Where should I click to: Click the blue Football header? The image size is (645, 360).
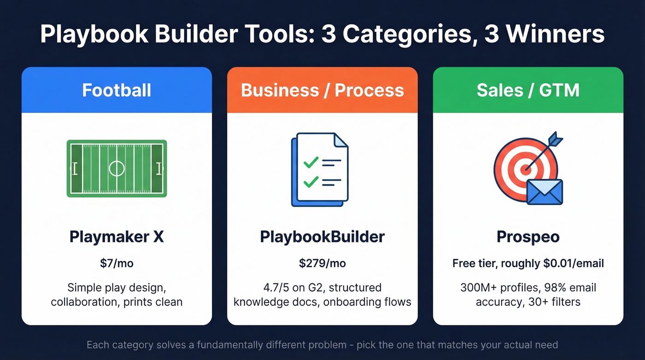coord(117,90)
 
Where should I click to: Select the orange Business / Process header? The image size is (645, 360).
coord(322,90)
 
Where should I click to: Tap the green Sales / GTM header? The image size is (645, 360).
coord(528,90)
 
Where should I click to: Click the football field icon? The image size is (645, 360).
coord(117,169)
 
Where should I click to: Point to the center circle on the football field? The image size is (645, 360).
coord(117,169)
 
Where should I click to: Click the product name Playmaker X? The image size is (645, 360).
coord(117,237)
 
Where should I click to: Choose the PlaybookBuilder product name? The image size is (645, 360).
coord(322,237)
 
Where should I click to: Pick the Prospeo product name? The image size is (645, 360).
coord(528,237)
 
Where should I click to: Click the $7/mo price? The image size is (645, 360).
coord(117,263)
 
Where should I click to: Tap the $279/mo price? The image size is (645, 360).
coord(322,263)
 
